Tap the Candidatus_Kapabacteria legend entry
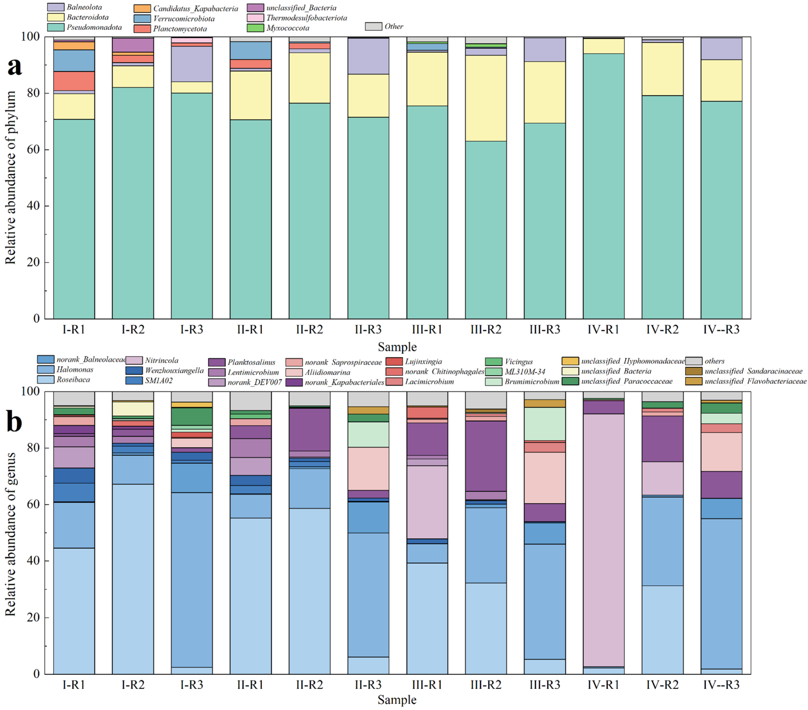point(186,8)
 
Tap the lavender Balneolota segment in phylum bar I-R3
point(192,64)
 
